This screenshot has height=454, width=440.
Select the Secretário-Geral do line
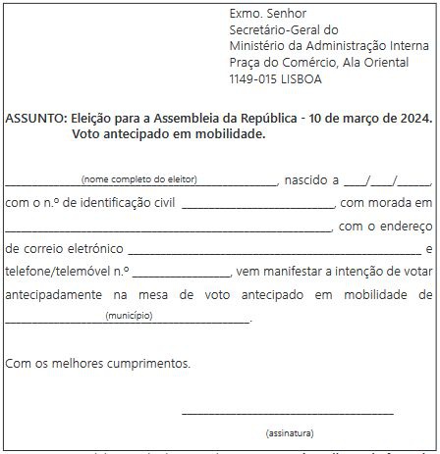tap(283, 31)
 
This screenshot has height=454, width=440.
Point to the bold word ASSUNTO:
tap(36, 118)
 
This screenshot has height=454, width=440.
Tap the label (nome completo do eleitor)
tap(139, 179)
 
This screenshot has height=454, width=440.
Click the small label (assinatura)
tap(289, 432)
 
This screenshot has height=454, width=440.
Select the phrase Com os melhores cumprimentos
tap(97, 363)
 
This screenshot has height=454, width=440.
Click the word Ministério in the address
tap(258, 47)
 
